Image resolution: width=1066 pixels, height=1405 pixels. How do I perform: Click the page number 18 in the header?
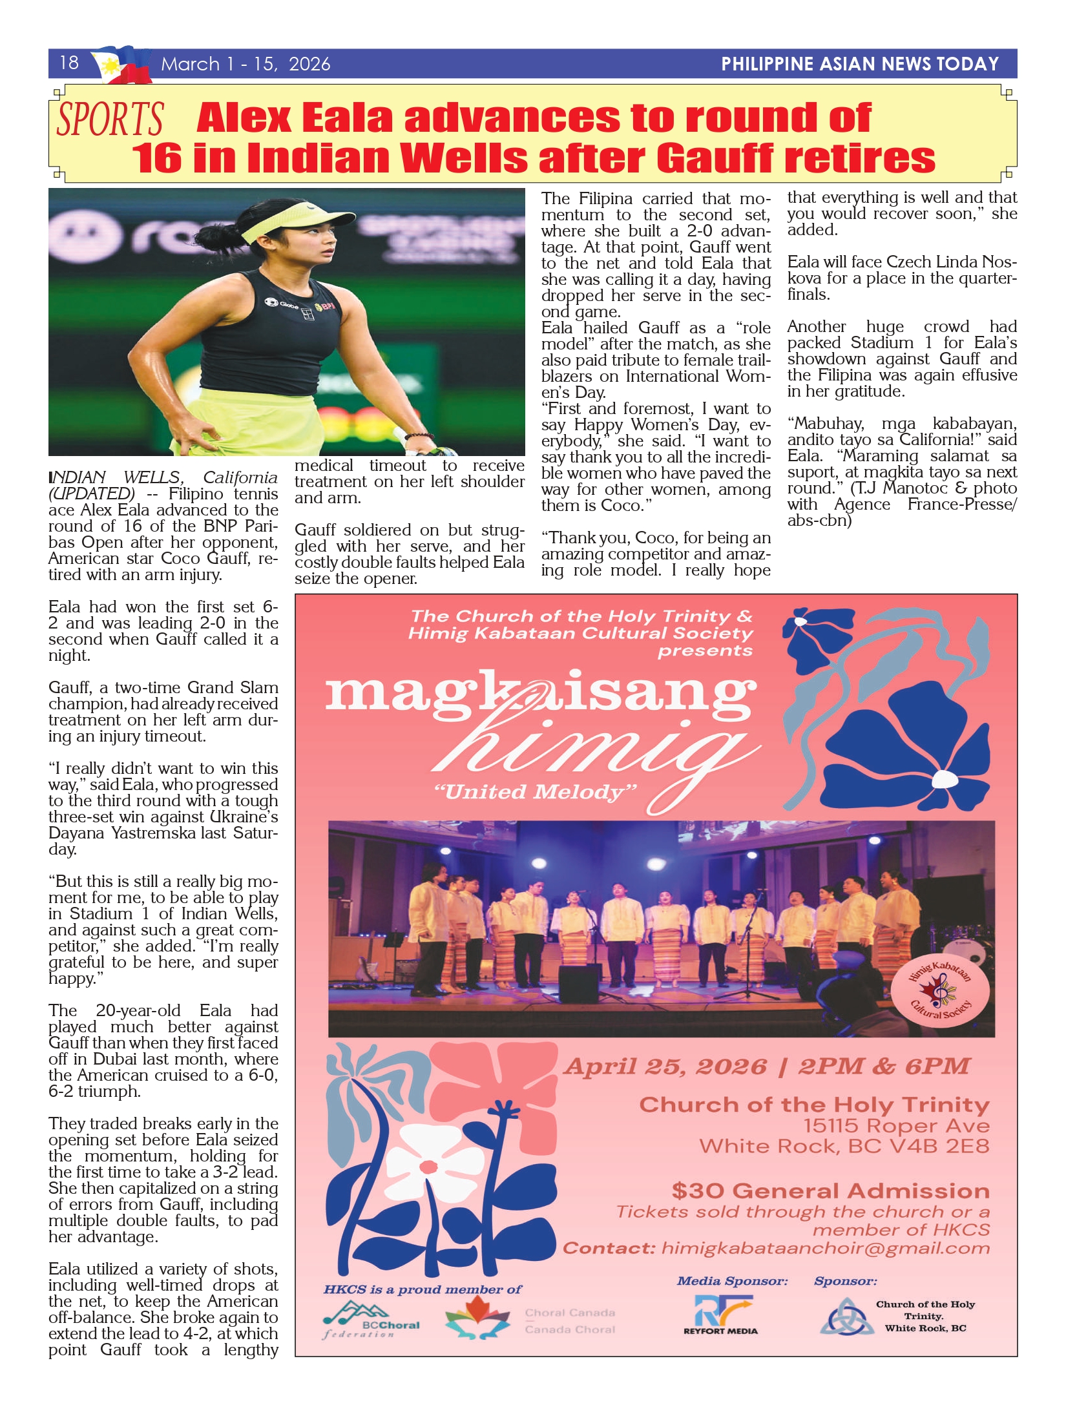(69, 63)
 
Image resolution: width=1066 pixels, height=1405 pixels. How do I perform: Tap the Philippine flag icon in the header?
(121, 65)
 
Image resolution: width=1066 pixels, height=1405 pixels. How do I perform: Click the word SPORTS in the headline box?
(110, 120)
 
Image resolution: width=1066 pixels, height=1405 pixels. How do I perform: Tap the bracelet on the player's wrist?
(419, 437)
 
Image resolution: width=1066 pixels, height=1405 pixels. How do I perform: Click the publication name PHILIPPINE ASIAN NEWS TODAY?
(859, 64)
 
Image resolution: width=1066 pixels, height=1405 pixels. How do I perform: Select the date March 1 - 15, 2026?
(246, 64)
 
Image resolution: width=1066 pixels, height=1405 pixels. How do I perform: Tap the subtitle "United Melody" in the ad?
(536, 792)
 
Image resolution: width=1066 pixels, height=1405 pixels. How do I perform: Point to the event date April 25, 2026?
(665, 1067)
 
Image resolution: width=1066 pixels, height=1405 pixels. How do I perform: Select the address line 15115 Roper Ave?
(896, 1126)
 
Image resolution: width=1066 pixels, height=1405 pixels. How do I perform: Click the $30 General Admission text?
(830, 1191)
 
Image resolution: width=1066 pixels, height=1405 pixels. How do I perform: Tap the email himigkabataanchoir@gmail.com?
(825, 1248)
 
